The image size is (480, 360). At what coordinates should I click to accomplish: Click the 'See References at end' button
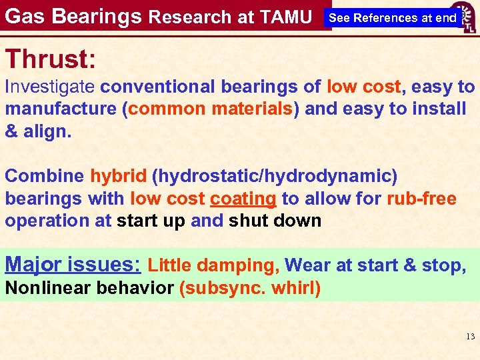coord(393,18)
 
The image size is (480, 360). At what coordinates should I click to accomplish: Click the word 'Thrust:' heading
coord(51,59)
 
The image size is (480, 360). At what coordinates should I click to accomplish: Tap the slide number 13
coord(470,337)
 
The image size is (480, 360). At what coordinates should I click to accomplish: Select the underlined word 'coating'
coord(243,199)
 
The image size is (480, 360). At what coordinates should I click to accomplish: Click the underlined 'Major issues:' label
coord(73,265)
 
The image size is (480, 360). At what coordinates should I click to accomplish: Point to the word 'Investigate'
coord(51,87)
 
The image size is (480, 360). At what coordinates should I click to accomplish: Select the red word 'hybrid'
coord(118,177)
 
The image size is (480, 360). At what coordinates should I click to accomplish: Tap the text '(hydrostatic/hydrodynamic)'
coord(275,177)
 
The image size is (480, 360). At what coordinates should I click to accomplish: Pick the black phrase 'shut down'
coord(275,221)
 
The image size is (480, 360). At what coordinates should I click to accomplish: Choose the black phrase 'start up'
coord(151,221)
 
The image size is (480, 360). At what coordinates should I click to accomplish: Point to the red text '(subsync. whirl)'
coord(251,289)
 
